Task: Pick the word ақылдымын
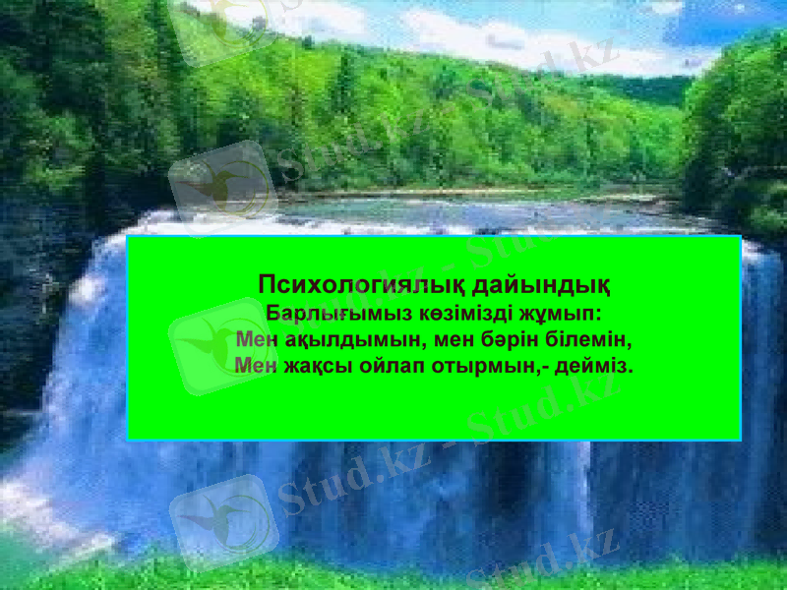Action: [348, 340]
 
